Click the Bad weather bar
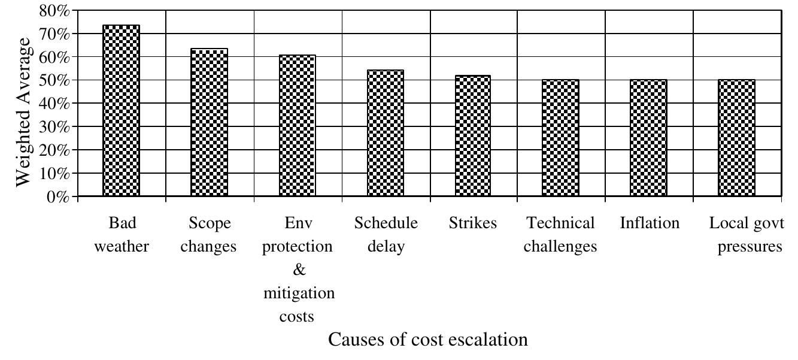pos(122,111)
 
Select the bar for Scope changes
pos(210,122)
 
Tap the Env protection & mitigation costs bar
pos(298,126)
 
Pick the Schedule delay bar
pos(386,133)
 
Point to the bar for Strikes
pos(473,136)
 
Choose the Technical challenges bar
pos(561,138)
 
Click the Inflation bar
pos(648,138)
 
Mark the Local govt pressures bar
pos(736,138)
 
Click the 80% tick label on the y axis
pos(54,11)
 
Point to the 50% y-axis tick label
pos(54,81)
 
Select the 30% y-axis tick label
pos(54,127)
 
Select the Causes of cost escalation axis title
pos(429,340)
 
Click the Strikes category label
pos(473,224)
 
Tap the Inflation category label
pos(650,224)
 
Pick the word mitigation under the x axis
pos(299,294)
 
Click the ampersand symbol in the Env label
pos(299,271)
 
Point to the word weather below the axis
pos(122,247)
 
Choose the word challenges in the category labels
pos(560,247)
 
